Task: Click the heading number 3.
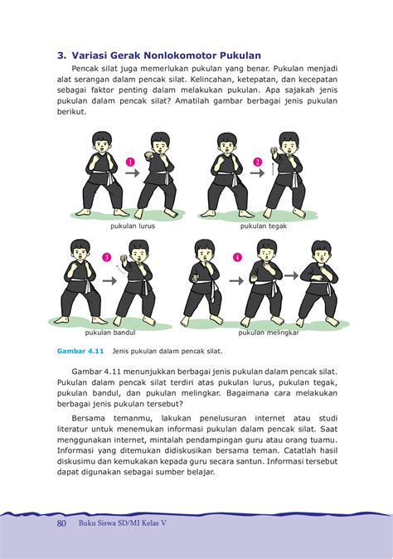(61, 56)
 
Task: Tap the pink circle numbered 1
(130, 161)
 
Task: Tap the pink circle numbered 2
(258, 161)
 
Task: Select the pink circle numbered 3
(106, 258)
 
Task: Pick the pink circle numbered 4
(238, 258)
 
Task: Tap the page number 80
(61, 523)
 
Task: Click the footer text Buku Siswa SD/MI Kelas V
(125, 523)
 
